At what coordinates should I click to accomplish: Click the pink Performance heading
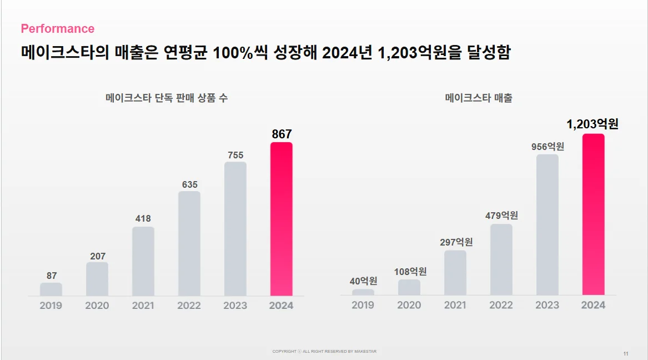point(58,29)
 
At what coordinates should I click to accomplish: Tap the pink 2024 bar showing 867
point(282,219)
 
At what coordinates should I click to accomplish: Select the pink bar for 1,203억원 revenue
point(593,214)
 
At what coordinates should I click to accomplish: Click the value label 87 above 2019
point(51,276)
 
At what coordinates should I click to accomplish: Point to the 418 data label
point(143,219)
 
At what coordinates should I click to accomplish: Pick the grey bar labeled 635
point(189,243)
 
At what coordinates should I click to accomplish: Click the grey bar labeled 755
point(235,229)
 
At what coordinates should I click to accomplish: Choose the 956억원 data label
point(547,147)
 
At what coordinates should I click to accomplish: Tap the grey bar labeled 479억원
point(501,259)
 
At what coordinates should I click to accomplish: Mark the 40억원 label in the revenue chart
point(363,281)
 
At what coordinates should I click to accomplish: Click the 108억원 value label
point(409,272)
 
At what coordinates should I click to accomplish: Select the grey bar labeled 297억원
point(455,273)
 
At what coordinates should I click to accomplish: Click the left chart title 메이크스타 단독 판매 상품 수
point(167,98)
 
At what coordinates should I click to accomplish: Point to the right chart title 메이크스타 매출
point(479,98)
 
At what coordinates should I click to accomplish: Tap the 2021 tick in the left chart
point(143,306)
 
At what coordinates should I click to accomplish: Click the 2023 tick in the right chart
point(547,306)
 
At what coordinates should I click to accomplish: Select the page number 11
point(626,354)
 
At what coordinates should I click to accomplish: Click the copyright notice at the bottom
point(324,352)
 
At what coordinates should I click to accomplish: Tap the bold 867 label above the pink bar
point(282,134)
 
